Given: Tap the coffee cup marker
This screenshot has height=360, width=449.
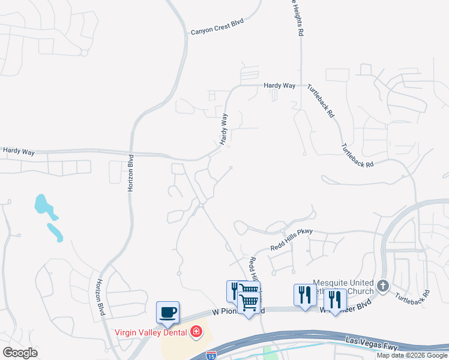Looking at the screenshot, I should [x=167, y=312].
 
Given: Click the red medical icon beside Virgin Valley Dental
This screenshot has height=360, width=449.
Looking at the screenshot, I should [x=196, y=331].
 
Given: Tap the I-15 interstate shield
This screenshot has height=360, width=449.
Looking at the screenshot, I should [x=211, y=355].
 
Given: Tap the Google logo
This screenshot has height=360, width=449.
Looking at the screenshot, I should [x=20, y=352].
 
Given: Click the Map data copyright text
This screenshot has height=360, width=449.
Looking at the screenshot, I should [x=412, y=355].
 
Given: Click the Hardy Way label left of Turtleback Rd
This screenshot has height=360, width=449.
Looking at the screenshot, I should [x=280, y=86].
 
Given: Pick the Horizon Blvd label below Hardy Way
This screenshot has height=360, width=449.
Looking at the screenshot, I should [x=130, y=173].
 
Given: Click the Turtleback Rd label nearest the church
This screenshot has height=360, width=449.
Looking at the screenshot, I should [x=412, y=295].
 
